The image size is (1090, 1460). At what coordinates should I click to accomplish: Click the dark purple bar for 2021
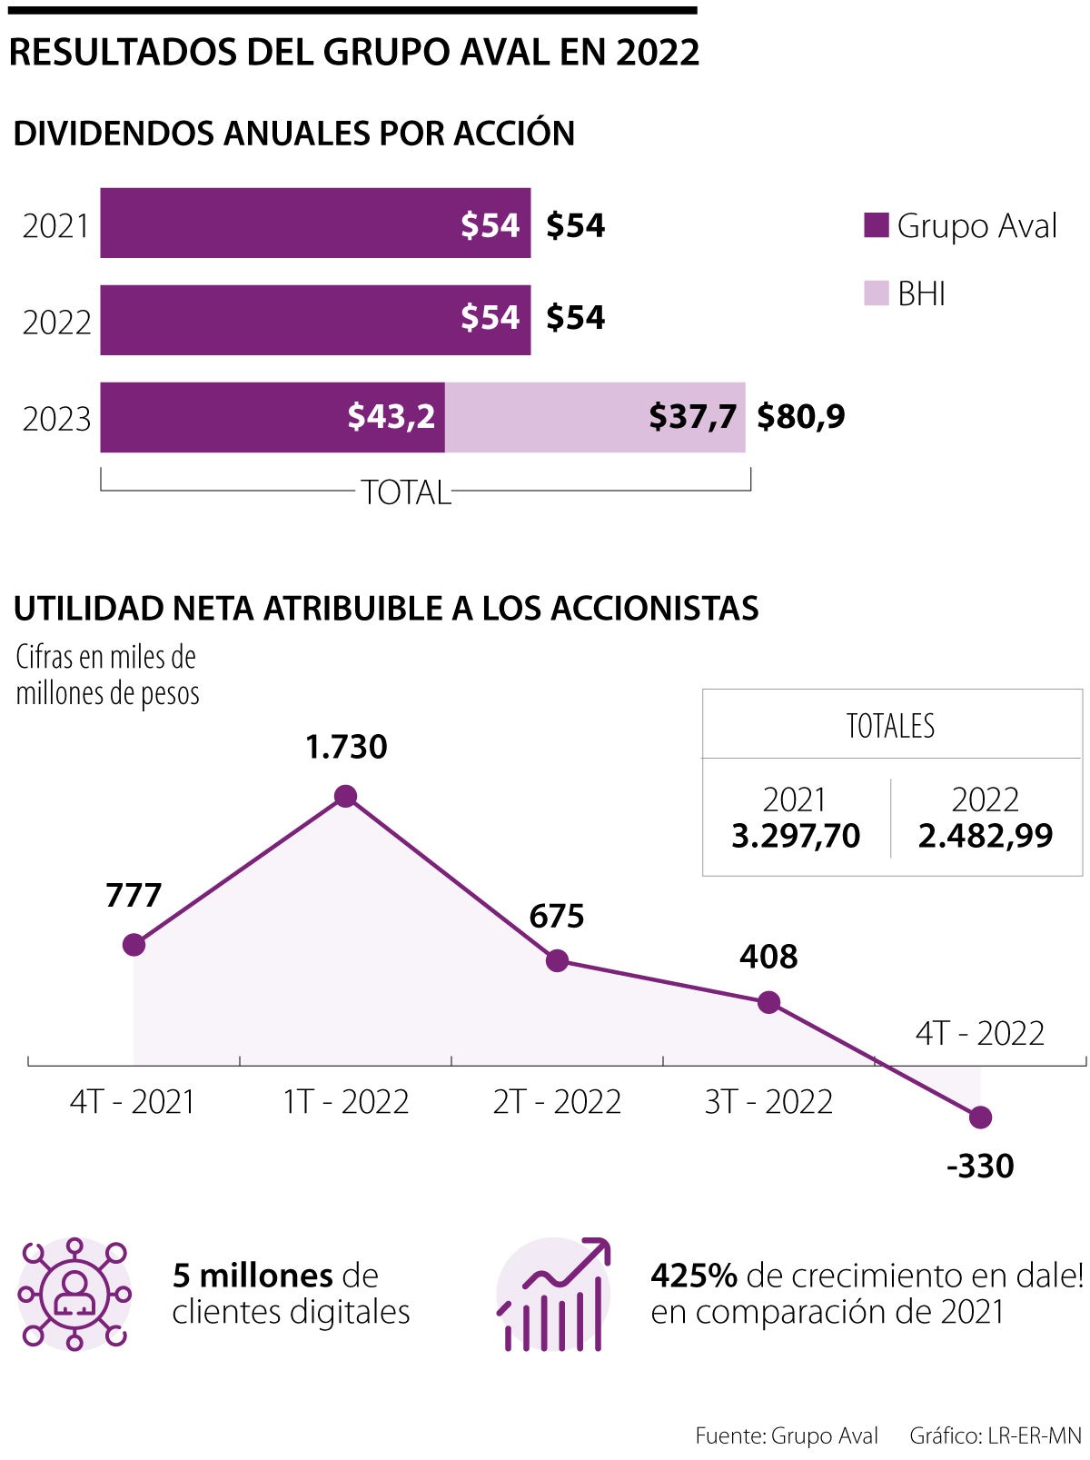tap(314, 223)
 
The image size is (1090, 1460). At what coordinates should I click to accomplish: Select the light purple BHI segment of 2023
tap(594, 417)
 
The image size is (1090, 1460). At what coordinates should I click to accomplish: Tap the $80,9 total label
tap(800, 416)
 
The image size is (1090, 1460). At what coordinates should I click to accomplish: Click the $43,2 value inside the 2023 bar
tap(391, 416)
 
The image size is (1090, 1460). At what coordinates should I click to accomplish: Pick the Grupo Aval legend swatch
tap(876, 225)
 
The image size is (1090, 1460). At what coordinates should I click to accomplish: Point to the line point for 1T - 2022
tap(345, 797)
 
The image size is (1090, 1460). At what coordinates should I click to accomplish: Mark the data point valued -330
tap(980, 1117)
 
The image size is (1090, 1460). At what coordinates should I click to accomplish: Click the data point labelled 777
tap(134, 945)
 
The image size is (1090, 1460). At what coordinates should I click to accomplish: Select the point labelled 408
tap(768, 1003)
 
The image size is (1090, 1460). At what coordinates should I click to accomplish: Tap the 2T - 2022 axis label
tap(557, 1101)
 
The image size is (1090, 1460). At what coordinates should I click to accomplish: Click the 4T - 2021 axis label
tap(133, 1101)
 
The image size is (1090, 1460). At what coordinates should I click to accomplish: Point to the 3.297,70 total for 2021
tap(796, 836)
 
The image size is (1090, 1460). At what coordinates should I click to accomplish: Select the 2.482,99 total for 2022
tap(985, 836)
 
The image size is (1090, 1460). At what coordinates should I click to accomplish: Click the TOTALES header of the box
tap(890, 726)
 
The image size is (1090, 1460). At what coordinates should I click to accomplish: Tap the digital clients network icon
tap(74, 1294)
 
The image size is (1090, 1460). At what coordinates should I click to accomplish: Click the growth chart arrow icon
tap(553, 1294)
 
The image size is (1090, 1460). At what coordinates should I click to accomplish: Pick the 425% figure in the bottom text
tap(693, 1276)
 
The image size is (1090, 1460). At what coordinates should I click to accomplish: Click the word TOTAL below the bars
tap(405, 492)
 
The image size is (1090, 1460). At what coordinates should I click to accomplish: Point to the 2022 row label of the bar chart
tap(56, 322)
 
